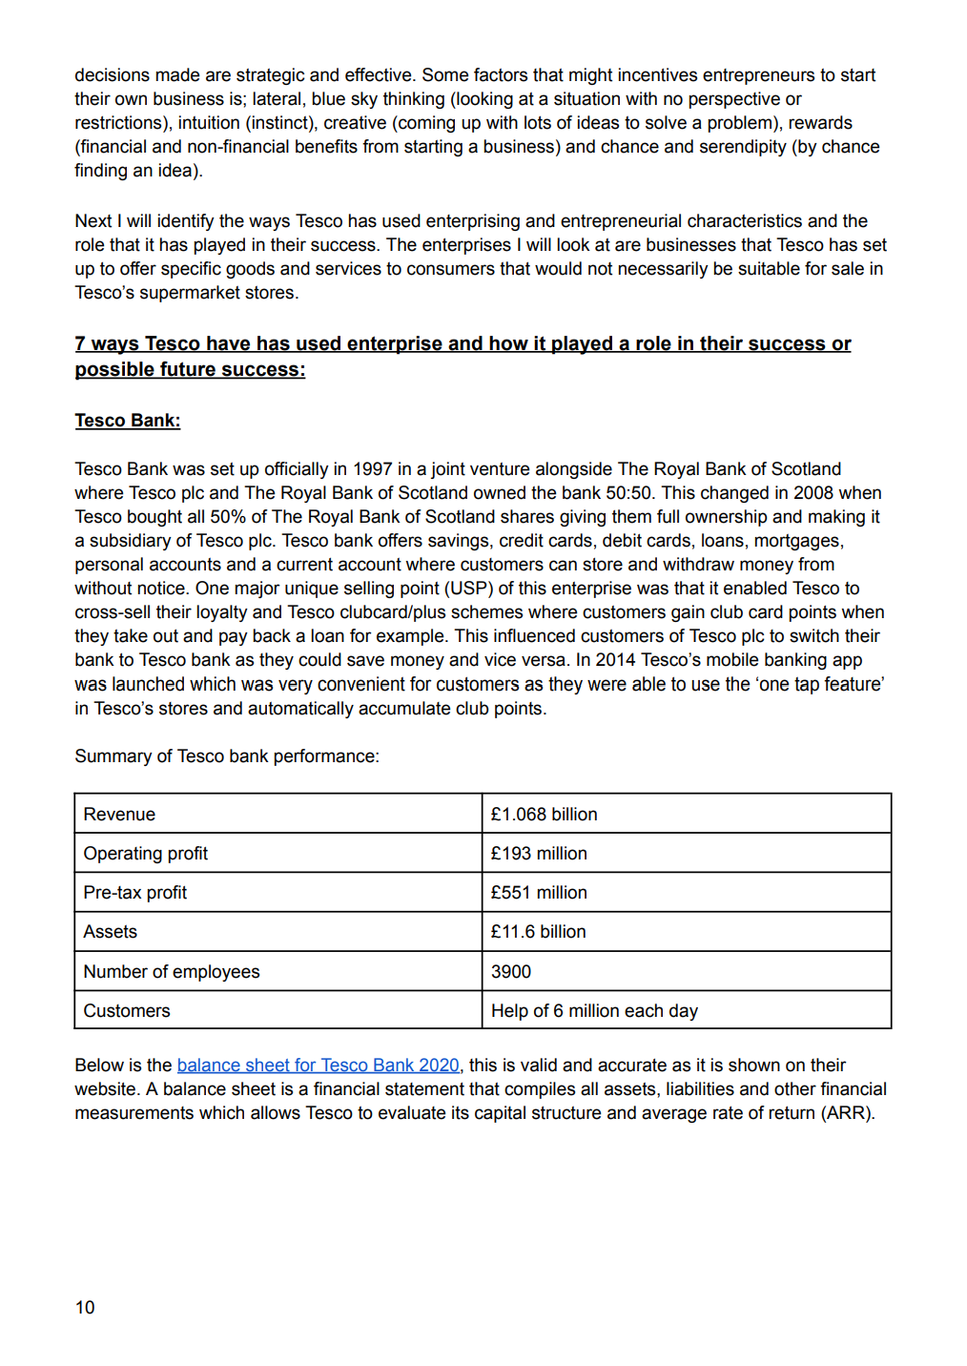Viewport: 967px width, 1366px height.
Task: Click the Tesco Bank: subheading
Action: (x=128, y=421)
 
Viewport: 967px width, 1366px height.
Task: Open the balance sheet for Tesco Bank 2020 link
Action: (x=318, y=1066)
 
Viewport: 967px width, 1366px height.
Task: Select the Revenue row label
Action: (x=119, y=815)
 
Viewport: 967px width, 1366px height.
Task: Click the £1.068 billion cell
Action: (x=544, y=815)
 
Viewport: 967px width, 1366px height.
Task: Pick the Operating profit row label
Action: (x=145, y=854)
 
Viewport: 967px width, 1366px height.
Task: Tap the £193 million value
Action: (x=539, y=854)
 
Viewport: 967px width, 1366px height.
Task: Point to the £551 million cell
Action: (x=539, y=893)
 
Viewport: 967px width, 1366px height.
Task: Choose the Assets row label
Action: (x=111, y=932)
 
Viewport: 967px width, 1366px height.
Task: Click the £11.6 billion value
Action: (x=538, y=932)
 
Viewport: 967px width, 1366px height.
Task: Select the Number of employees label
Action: (x=172, y=972)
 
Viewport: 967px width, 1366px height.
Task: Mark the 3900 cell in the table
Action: (x=511, y=972)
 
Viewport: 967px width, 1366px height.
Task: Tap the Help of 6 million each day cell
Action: (x=594, y=1011)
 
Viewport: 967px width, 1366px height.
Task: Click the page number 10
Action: (x=85, y=1308)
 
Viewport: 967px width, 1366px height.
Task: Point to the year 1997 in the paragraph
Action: (x=372, y=469)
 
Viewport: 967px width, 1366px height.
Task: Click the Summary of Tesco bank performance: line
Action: (x=227, y=756)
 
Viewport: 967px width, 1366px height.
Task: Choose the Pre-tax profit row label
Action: (x=135, y=893)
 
